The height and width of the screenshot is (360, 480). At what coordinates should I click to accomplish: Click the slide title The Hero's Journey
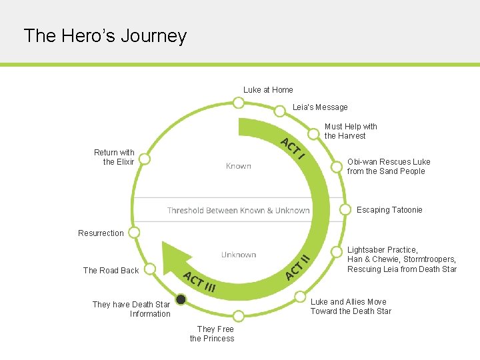(x=105, y=35)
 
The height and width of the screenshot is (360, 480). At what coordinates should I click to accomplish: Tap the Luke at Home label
(x=268, y=90)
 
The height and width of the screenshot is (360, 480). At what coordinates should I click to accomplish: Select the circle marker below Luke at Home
(x=238, y=103)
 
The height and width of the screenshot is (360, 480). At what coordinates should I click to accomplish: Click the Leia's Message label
(x=320, y=107)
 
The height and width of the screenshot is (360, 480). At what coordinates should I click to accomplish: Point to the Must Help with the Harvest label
(x=351, y=131)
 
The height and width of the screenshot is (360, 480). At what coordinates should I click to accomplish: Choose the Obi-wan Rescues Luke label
(x=389, y=167)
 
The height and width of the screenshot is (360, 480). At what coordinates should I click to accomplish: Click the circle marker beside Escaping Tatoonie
(x=345, y=209)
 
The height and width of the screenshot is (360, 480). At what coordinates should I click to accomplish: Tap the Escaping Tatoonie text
(x=389, y=210)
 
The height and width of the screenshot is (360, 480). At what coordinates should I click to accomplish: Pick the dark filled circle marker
(x=181, y=300)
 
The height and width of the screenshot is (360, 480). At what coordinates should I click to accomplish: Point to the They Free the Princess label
(x=212, y=333)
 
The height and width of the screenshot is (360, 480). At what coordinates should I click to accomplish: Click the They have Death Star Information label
(x=131, y=309)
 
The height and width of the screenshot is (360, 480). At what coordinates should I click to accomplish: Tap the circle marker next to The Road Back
(x=151, y=269)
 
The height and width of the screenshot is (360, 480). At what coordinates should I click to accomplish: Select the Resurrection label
(x=101, y=233)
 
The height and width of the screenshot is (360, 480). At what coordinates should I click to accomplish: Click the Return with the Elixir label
(x=114, y=157)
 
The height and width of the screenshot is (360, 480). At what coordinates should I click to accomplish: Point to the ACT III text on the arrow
(x=199, y=282)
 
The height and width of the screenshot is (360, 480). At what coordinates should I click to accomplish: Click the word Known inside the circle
(x=238, y=166)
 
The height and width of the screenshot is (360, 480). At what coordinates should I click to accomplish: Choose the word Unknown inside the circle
(x=239, y=255)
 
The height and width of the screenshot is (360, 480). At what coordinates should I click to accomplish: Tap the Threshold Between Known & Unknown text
(x=238, y=211)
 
